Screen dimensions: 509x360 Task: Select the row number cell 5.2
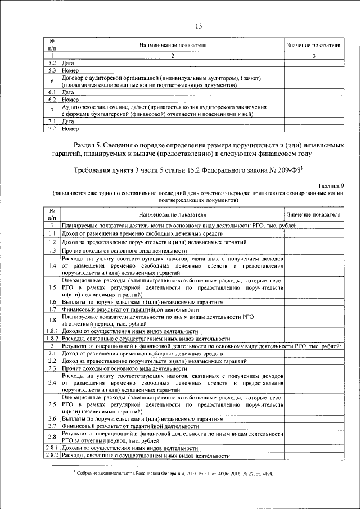coord(51,64)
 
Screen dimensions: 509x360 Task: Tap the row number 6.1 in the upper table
coord(51,91)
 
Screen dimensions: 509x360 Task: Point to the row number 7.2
coord(51,129)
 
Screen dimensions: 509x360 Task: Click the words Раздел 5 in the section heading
coord(92,145)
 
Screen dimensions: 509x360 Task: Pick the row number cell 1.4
coord(51,265)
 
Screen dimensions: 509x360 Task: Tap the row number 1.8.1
coord(51,331)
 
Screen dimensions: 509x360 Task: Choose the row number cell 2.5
coord(51,404)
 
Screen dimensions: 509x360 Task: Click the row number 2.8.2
coord(51,456)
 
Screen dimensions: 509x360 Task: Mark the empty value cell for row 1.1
coord(314,233)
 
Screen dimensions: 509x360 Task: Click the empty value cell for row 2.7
coord(314,427)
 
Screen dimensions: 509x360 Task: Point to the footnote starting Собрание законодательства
coord(174,474)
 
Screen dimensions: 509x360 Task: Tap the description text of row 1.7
coord(130,309)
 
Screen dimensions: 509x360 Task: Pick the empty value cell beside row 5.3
coord(314,71)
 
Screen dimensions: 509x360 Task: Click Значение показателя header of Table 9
coord(314,214)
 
